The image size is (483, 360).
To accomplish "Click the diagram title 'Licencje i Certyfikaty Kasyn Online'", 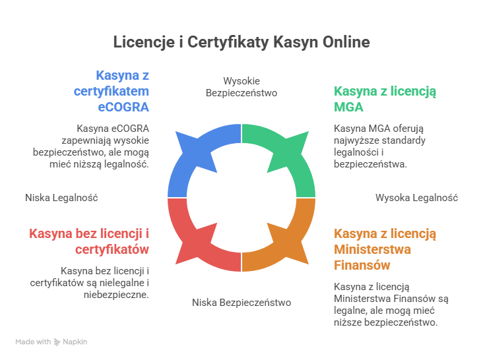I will pos(241,42).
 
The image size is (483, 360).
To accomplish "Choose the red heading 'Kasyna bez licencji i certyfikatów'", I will pos(89,241).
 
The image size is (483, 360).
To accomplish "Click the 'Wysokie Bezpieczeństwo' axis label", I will pos(241,86).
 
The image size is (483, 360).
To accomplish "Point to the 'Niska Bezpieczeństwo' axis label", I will pos(241,302).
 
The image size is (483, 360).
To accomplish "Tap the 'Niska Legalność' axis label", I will pos(61,197).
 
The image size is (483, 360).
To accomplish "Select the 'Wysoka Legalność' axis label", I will pos(416,197).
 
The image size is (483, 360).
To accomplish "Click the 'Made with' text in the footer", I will pos(33,342).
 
